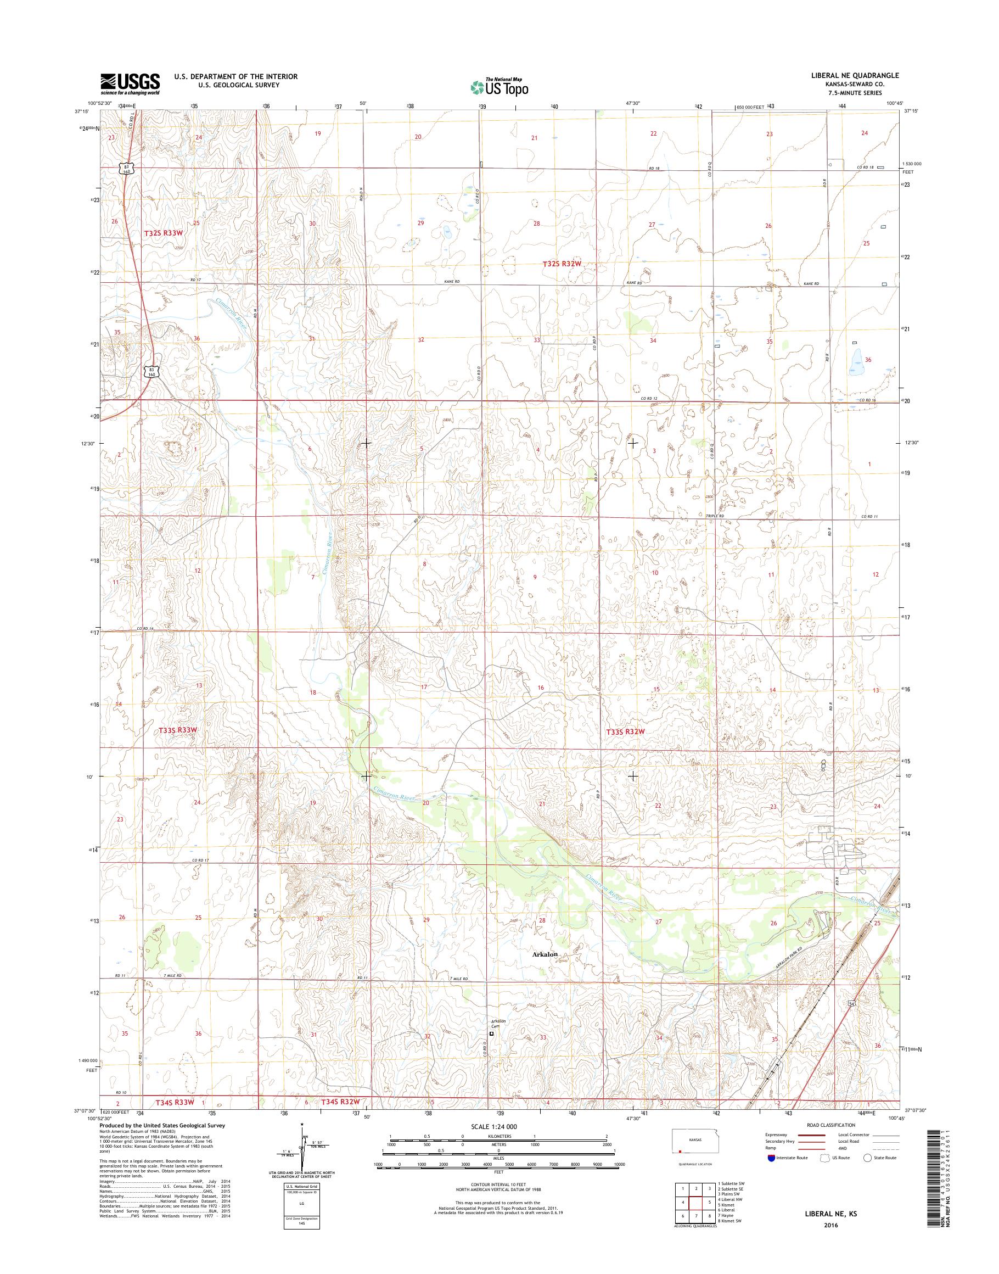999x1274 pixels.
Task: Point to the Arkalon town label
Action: click(545, 954)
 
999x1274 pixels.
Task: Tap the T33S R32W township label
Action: click(625, 731)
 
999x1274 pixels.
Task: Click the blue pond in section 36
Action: click(856, 363)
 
